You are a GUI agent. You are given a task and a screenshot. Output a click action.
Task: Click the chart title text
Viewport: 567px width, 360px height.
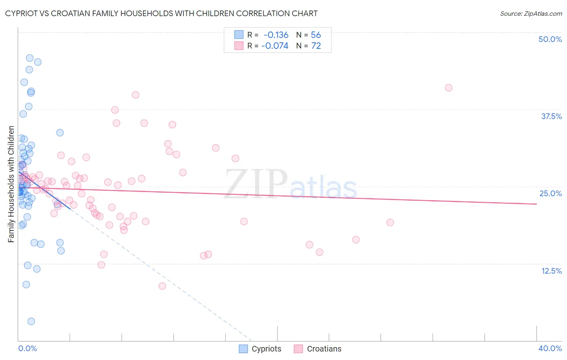pyautogui.click(x=161, y=13)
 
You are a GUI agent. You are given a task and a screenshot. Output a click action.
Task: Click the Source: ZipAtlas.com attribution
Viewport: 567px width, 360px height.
pyautogui.click(x=531, y=13)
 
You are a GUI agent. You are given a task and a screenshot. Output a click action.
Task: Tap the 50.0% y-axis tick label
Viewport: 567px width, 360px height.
pyautogui.click(x=550, y=39)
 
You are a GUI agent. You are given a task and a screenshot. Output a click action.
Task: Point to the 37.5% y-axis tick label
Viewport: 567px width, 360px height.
pyautogui.click(x=551, y=116)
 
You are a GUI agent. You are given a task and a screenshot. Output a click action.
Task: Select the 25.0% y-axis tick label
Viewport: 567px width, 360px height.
pyautogui.click(x=550, y=193)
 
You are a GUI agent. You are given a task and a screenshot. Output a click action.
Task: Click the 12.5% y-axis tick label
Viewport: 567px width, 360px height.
pyautogui.click(x=551, y=271)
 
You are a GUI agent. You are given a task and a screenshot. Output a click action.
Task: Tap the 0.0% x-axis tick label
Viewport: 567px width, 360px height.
pyautogui.click(x=27, y=348)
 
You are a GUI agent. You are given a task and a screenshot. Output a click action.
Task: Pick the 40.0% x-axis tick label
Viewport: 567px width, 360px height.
pyautogui.click(x=550, y=348)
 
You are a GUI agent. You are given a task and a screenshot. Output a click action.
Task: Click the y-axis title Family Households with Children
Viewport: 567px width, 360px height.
pyautogui.click(x=11, y=184)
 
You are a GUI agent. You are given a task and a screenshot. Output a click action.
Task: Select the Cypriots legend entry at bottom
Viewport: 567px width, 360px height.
pyautogui.click(x=260, y=349)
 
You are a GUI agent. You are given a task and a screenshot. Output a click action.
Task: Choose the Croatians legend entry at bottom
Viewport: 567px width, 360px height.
pyautogui.click(x=318, y=349)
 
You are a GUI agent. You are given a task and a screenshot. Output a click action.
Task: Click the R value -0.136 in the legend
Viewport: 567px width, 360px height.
pyautogui.click(x=276, y=35)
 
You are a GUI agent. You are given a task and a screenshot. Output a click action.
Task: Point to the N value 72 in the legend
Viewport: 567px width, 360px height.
pyautogui.click(x=316, y=46)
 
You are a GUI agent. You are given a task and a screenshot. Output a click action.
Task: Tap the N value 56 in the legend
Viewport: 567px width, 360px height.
pyautogui.click(x=316, y=35)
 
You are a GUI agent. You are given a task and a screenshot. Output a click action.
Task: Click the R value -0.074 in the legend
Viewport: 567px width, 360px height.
pyautogui.click(x=275, y=46)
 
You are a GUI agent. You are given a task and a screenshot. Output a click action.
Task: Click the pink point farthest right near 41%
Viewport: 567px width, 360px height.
pyautogui.click(x=448, y=88)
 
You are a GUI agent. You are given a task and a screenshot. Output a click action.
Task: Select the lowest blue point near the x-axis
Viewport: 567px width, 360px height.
pyautogui.click(x=31, y=321)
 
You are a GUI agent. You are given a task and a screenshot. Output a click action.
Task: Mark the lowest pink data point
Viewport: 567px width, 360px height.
pyautogui.click(x=162, y=286)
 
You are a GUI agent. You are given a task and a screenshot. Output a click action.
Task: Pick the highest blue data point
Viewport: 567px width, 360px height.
pyautogui.click(x=29, y=58)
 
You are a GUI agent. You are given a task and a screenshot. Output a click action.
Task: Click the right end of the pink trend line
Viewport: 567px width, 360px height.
pyautogui.click(x=536, y=204)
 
